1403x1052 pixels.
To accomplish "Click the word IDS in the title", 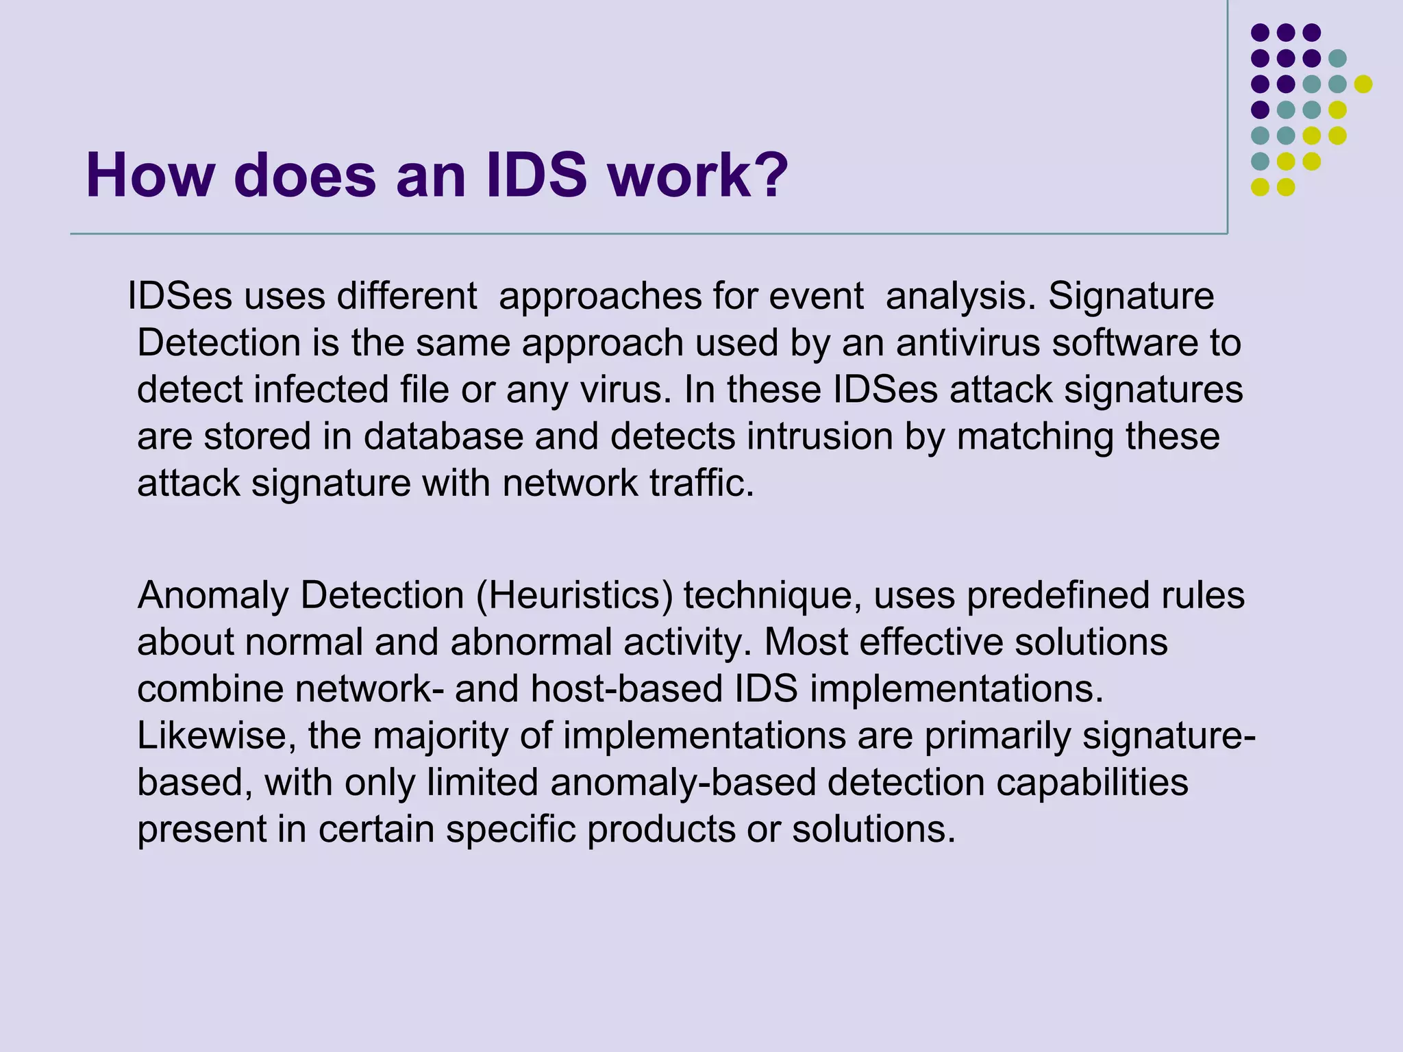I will click(536, 175).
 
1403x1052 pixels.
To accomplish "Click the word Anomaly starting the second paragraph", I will click(213, 596).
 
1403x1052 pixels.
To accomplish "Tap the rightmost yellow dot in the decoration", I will click(1363, 84).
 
